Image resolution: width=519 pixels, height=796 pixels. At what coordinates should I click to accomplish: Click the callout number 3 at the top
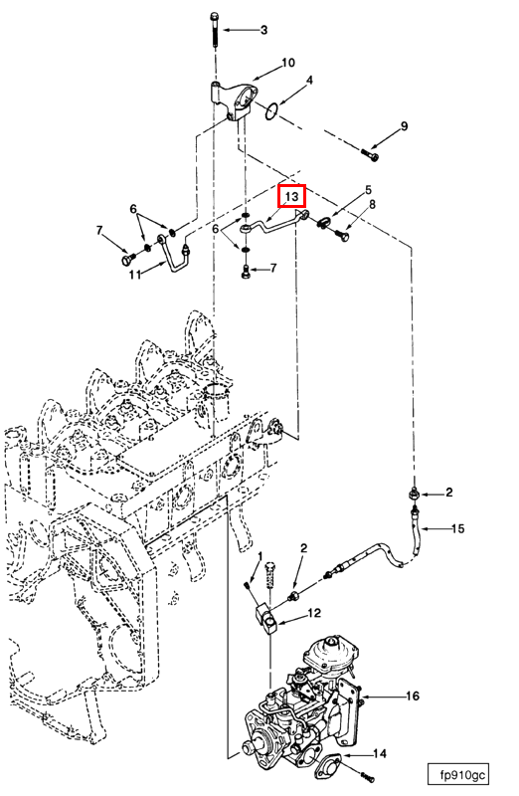point(263,31)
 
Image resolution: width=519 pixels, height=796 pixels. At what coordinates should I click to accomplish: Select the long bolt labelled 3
point(213,31)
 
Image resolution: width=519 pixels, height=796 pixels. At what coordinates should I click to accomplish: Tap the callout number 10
point(288,63)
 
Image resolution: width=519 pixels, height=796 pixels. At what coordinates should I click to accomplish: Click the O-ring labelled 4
point(272,111)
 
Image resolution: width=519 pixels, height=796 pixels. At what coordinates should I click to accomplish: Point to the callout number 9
point(404,126)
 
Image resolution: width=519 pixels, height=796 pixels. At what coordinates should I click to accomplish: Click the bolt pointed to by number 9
point(370,154)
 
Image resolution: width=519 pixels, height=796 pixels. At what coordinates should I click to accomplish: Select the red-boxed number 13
point(291,196)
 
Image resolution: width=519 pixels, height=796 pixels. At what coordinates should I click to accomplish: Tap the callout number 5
point(368,190)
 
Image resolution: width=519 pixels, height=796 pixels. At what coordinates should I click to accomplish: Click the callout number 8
point(373,205)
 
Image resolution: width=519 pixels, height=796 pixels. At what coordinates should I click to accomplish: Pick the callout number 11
point(134,275)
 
